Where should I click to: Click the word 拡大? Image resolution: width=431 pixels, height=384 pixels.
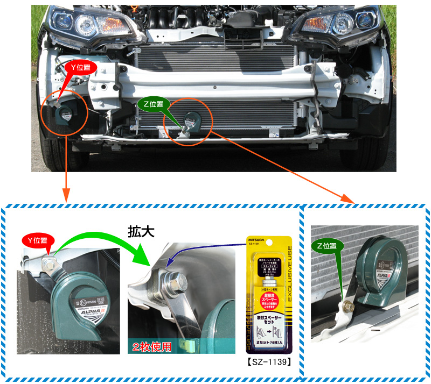[141, 231]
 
